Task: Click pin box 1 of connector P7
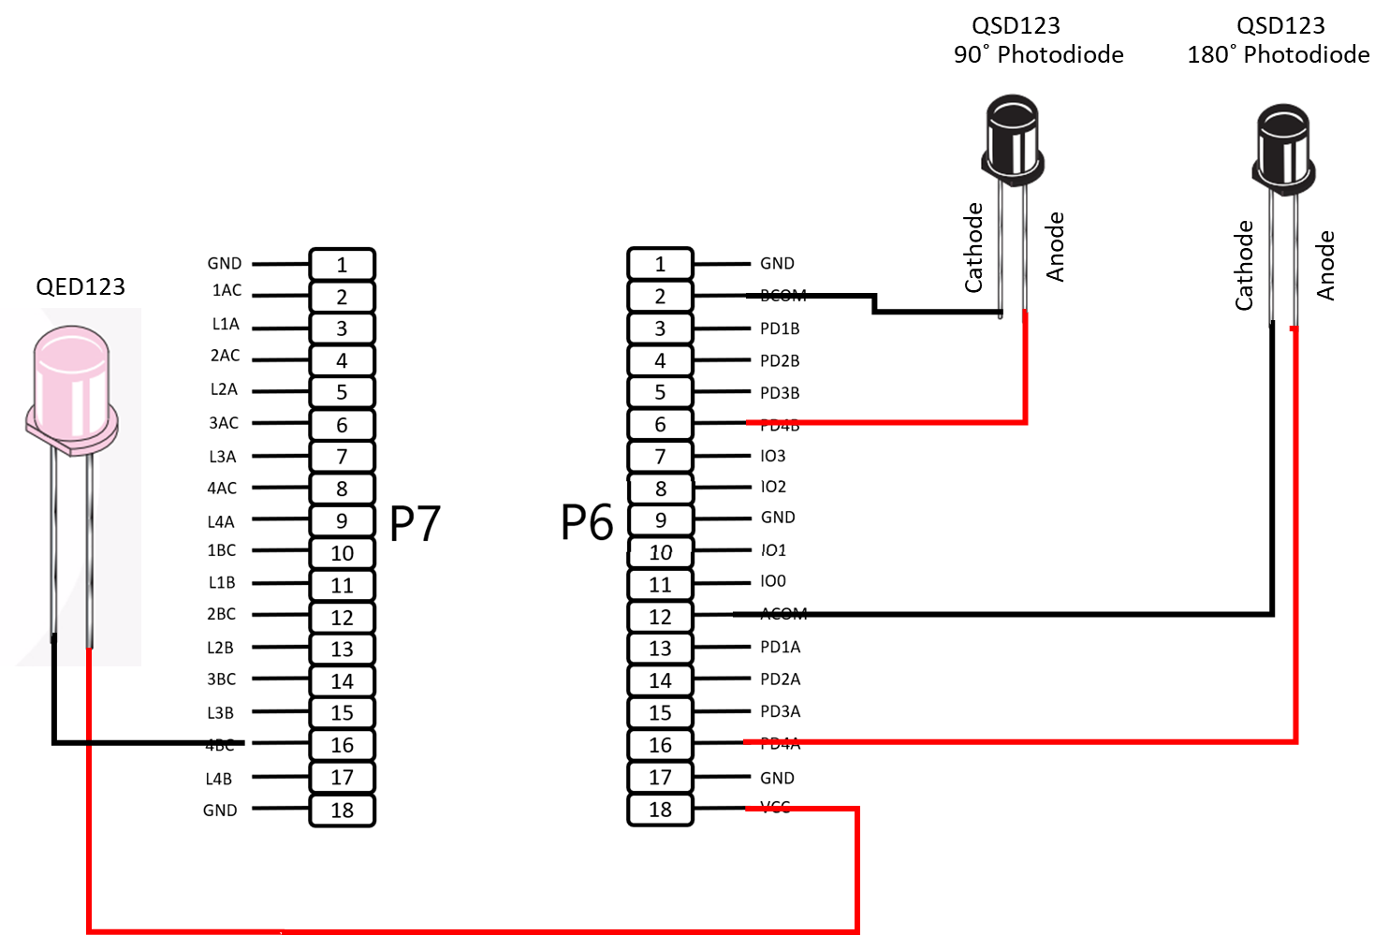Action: tap(342, 265)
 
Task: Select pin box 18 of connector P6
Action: tap(660, 810)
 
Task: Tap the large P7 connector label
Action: tap(415, 523)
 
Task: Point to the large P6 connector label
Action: tap(587, 521)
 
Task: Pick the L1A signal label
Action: tap(226, 324)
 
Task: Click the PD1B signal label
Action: tap(780, 329)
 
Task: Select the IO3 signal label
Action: tap(773, 456)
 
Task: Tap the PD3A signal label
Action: tap(780, 711)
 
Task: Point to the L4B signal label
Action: tap(219, 779)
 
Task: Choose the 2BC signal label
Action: tap(221, 614)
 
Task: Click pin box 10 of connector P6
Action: tap(660, 552)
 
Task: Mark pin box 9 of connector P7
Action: tap(342, 521)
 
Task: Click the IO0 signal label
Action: tap(773, 581)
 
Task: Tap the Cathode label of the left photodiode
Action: tap(973, 247)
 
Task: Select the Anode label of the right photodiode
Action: tap(1325, 265)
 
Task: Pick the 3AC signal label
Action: tap(224, 423)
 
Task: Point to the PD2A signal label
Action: tap(780, 679)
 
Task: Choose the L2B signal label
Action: tap(220, 648)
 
